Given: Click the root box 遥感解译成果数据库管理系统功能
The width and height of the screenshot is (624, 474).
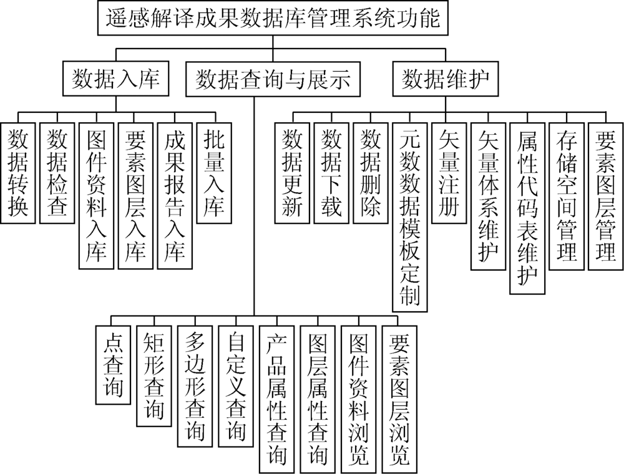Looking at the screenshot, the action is point(273,18).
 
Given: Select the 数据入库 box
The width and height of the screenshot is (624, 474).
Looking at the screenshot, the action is point(115,79).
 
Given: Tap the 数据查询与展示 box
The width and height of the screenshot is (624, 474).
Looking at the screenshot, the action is point(273,79).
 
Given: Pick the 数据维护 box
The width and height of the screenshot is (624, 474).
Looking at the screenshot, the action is point(446,79).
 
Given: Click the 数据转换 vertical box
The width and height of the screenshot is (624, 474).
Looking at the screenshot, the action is point(18,173).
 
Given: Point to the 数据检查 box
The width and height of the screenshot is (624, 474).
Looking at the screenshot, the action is point(57,173).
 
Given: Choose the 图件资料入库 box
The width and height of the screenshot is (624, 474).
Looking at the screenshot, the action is point(96,196).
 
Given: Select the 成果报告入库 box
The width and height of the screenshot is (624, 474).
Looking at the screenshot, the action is point(175,196).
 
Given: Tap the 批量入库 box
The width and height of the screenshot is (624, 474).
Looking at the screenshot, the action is point(214,173).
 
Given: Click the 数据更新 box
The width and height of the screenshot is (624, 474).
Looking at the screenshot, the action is point(292,173).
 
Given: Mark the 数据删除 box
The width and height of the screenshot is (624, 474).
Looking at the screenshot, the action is point(371,173).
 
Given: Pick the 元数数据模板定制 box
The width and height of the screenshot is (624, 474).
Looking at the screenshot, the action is point(410,217).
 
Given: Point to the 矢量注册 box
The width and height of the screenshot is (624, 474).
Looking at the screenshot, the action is point(449,173).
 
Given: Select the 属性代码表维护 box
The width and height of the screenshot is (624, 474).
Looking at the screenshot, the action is point(527,208).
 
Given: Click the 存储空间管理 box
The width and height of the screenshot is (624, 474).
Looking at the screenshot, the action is point(567,196).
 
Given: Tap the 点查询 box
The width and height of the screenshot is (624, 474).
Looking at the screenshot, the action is point(113,365).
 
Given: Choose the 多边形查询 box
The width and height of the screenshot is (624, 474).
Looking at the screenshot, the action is point(195,386).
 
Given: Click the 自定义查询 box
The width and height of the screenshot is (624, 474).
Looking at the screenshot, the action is point(236,386).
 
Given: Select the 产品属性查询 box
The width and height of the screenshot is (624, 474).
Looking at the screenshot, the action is point(277,399).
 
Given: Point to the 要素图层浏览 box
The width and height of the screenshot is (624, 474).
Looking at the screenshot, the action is point(399,399).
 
